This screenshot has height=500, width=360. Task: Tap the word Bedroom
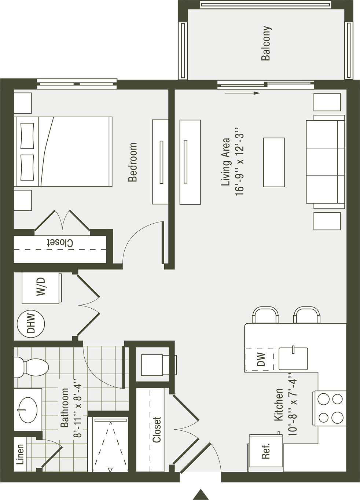click(x=133, y=162)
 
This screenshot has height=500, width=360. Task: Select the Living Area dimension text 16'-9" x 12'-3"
click(x=240, y=165)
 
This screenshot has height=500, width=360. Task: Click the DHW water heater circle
click(x=31, y=323)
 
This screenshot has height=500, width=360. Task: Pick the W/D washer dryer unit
click(x=41, y=288)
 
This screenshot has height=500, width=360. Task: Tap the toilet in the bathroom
click(x=31, y=367)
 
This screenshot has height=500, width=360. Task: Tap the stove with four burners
click(x=330, y=408)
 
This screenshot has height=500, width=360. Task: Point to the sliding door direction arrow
click(x=242, y=93)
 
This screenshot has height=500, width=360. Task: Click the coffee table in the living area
click(x=274, y=162)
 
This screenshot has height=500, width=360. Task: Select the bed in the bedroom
click(x=63, y=151)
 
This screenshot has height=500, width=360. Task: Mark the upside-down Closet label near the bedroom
click(x=60, y=243)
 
